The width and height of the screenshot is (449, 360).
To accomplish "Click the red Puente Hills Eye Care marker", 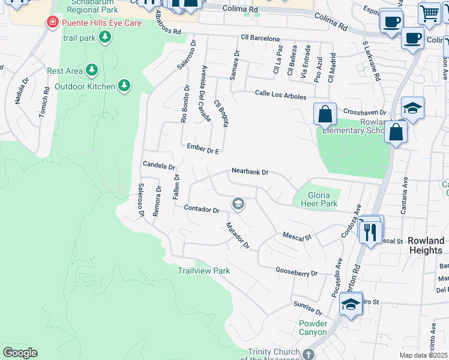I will point(53,23).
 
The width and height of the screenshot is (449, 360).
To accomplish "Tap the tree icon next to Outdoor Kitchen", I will point(124,86).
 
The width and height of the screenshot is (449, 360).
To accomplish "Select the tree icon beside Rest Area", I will point(91,71).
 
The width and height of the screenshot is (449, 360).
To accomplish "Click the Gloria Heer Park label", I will point(322,199).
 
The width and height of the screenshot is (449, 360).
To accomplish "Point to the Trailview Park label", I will point(204,271).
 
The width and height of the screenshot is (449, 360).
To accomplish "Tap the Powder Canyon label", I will point(313,328).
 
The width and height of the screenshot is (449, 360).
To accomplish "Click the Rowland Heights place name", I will point(426,245).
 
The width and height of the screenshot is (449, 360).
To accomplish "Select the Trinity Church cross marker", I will point(308,354).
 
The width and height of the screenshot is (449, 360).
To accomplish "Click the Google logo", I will point(20,353).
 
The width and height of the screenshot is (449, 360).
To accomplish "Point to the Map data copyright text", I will point(423,355).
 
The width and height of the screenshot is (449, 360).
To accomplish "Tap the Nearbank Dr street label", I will point(249,172).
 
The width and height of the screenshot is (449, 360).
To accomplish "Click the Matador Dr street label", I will point(237,235).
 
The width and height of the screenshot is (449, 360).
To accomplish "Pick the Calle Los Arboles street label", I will point(280,95).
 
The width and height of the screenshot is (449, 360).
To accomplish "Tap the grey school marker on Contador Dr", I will point(238,205).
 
